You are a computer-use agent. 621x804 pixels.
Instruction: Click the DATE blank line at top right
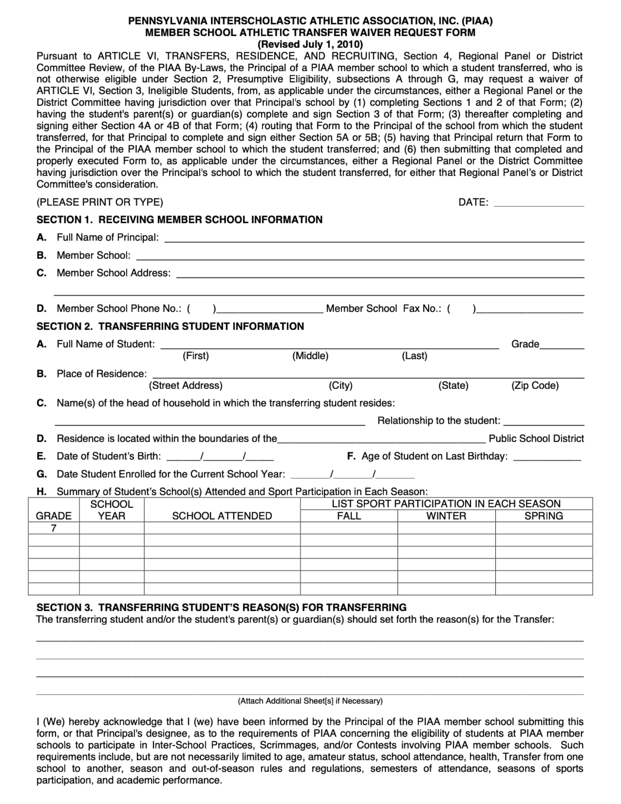(x=538, y=203)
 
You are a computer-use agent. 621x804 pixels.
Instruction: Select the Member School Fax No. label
(x=383, y=308)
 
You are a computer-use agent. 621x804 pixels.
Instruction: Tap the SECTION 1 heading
(x=179, y=220)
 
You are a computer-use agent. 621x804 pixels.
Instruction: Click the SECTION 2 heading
(x=170, y=326)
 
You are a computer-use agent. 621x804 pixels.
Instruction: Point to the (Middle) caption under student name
(x=310, y=356)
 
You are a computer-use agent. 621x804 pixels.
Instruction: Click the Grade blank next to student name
(x=562, y=345)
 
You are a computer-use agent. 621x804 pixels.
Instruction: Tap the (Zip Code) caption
(x=534, y=386)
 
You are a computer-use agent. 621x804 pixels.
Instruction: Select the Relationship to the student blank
(x=544, y=422)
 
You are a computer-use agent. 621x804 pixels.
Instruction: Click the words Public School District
(x=536, y=439)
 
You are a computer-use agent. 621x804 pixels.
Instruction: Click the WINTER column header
(x=446, y=516)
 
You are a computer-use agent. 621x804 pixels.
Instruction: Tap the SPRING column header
(x=544, y=516)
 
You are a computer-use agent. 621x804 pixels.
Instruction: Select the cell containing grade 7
(x=54, y=528)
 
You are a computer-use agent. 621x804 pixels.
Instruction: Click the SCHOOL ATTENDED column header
(x=222, y=516)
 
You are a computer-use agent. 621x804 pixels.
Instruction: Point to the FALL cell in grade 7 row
(x=348, y=528)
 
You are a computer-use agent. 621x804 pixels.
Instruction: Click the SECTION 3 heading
(x=221, y=607)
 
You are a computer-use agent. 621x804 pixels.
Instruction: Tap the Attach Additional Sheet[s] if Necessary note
(x=310, y=701)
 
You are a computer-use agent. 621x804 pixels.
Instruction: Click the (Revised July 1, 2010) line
(x=310, y=45)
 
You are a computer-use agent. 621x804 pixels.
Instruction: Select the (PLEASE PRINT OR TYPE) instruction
(x=100, y=202)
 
